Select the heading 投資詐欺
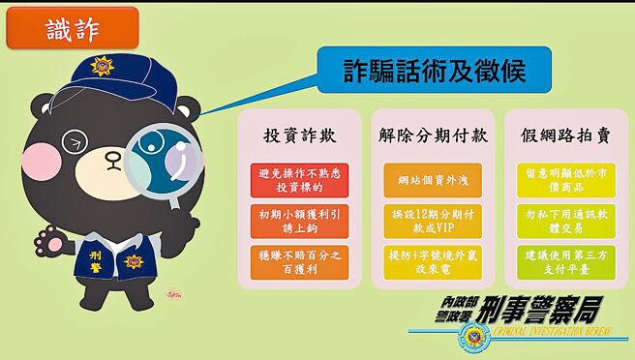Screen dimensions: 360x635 click(299, 135)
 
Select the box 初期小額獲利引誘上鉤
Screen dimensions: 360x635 click(299, 221)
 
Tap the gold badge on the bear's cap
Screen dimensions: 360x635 click(101, 68)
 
